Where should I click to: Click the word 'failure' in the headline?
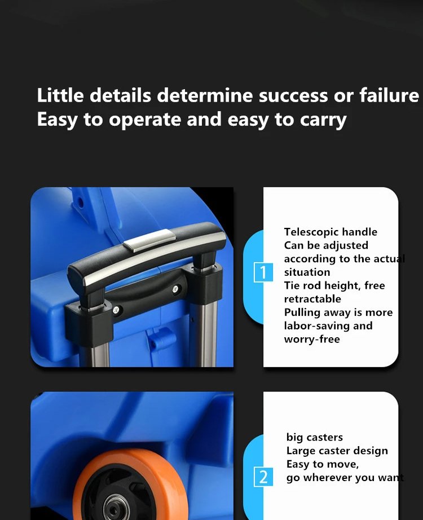click(389, 95)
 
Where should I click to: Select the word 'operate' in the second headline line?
click(145, 120)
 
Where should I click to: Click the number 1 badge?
click(263, 272)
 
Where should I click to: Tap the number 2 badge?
click(263, 477)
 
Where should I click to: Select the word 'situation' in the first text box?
click(307, 272)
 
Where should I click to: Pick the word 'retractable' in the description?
click(312, 299)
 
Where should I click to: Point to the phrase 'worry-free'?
click(312, 340)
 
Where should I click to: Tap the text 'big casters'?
click(315, 438)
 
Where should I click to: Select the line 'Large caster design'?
click(337, 451)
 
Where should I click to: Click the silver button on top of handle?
click(149, 240)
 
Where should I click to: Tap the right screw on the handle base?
click(175, 289)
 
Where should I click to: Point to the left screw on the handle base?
click(116, 310)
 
